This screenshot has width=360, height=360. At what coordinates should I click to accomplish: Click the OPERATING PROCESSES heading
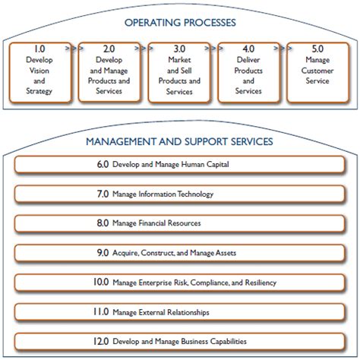(x=179, y=23)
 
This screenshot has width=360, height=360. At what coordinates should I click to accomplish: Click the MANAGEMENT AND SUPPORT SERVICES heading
(x=179, y=141)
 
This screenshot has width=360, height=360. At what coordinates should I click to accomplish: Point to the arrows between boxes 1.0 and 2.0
(x=71, y=48)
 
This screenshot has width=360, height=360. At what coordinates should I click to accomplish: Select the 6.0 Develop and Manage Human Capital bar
(x=179, y=164)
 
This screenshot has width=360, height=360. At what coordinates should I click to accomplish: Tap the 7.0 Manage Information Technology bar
(x=179, y=194)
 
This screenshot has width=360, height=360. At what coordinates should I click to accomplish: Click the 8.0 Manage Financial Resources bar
(x=179, y=223)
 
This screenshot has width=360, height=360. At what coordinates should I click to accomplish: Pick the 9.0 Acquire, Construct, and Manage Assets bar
(x=179, y=253)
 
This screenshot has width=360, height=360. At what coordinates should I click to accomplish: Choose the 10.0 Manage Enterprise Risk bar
(x=179, y=283)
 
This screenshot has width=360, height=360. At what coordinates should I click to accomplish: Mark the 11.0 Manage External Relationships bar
(x=179, y=312)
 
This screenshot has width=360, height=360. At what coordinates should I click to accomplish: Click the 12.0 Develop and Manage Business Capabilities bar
(x=179, y=341)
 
